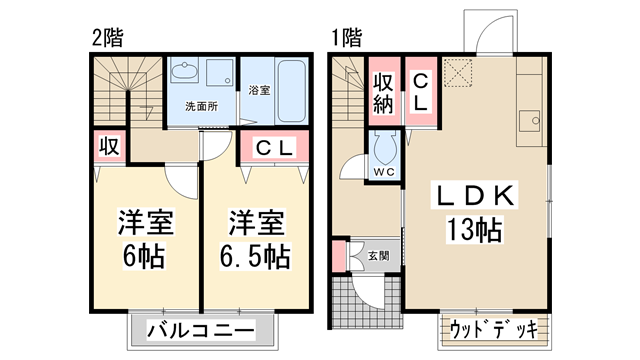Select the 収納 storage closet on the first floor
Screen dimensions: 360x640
[x=384, y=91]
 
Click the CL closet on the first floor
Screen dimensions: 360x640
[x=421, y=91]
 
